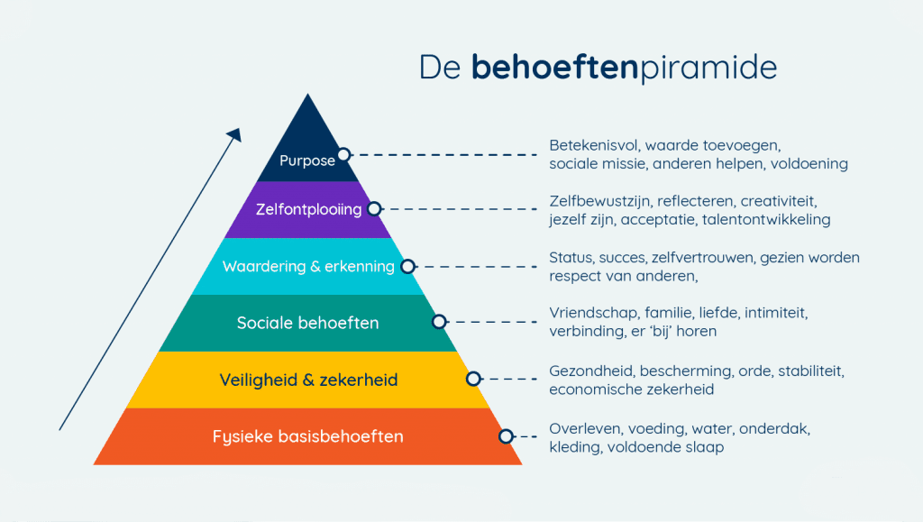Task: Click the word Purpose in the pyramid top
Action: point(306,161)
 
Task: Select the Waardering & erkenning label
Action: point(308,267)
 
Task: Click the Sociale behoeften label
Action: point(307,323)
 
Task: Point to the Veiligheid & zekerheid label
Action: point(308,380)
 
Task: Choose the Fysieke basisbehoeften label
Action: point(307,436)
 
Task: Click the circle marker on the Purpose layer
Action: point(343,154)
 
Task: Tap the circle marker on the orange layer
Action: point(506,435)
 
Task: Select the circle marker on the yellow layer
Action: point(473,379)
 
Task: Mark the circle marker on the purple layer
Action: point(375,208)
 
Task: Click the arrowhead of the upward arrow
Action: point(235,134)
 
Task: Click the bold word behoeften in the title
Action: point(555,68)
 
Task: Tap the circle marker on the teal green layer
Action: point(440,321)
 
